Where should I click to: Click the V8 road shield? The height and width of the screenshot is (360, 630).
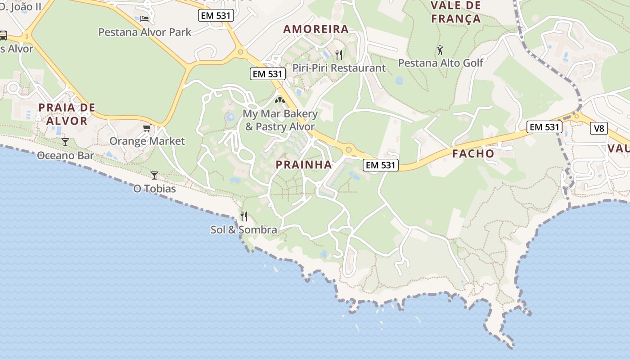598,128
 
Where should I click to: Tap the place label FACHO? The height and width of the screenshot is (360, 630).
473,153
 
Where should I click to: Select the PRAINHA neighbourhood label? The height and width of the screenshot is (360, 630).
304,165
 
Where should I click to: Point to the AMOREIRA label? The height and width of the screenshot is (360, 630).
316,29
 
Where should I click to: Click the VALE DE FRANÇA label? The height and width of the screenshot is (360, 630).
456,12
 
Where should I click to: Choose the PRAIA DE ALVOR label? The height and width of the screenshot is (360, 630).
67,114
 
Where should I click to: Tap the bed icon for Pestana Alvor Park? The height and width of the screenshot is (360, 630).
144,18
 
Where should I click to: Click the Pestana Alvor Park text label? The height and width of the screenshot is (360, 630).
144,32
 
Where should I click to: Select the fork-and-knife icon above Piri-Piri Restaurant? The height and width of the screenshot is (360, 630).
339,55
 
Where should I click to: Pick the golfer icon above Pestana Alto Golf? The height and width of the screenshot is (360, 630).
440,49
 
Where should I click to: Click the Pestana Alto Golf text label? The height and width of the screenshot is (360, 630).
441,63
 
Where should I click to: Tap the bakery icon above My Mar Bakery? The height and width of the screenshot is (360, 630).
280,100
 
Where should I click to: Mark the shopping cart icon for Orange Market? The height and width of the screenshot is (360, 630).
147,128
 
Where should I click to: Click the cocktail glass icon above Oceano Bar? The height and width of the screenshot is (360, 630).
65,142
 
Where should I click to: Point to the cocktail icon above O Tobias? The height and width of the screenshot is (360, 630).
154,175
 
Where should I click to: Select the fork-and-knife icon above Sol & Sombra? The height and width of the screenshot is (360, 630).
244,216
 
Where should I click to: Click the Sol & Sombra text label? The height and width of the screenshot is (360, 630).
244,230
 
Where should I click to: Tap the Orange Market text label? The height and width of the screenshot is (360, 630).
147,141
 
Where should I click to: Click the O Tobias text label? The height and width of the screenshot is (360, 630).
154,189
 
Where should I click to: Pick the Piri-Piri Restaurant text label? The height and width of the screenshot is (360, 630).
339,68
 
